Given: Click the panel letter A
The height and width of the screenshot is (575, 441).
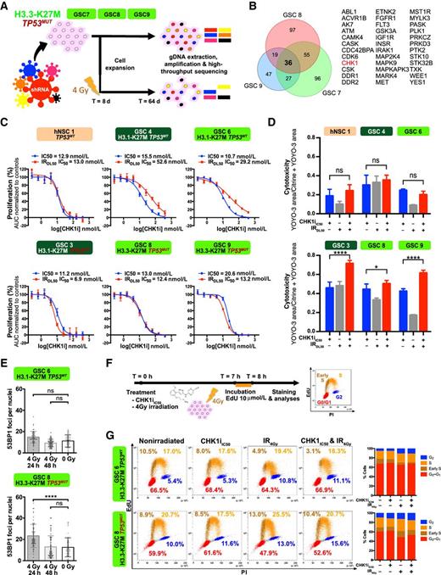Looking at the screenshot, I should point(6,7).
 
